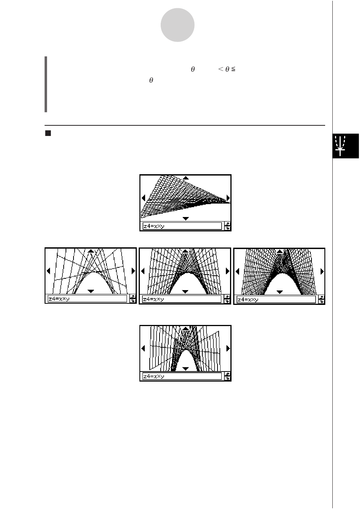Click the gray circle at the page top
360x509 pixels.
(x=177, y=25)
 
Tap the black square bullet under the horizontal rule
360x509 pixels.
(x=48, y=133)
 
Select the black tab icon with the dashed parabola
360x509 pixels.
(x=346, y=146)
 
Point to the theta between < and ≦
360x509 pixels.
(x=227, y=69)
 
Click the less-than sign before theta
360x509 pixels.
(x=221, y=69)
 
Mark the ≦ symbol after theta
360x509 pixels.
(x=233, y=69)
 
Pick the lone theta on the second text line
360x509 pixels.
(x=151, y=80)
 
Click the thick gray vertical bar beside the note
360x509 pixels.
(x=46, y=84)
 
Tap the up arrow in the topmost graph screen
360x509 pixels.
(x=186, y=178)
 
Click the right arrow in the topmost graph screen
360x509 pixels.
(x=228, y=198)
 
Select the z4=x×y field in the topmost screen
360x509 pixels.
(x=182, y=226)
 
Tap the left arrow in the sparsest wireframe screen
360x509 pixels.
(x=48, y=271)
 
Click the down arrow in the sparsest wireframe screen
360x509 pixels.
(x=91, y=291)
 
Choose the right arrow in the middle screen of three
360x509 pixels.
(x=227, y=271)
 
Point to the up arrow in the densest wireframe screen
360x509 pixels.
(x=280, y=251)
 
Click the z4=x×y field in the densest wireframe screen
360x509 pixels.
(x=276, y=300)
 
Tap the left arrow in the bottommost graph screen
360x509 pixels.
(x=143, y=348)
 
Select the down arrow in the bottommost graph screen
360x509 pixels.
(x=186, y=368)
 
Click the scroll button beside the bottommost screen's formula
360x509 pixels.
(x=227, y=376)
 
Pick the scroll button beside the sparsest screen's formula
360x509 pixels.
(x=133, y=299)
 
